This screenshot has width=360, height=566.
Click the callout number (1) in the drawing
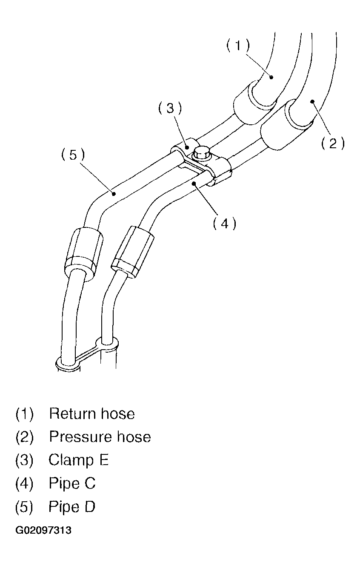(238, 46)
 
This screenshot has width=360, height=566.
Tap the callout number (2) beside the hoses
(333, 143)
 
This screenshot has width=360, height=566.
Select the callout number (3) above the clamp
(170, 109)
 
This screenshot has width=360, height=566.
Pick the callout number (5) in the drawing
(73, 155)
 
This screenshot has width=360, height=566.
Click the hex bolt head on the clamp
(202, 154)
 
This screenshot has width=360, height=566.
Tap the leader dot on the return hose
(271, 77)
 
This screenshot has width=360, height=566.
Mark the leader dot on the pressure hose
(312, 101)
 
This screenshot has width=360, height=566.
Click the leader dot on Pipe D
(114, 193)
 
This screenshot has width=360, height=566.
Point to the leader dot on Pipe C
(194, 184)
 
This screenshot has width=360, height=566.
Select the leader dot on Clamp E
(187, 147)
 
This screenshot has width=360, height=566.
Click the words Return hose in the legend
(92, 414)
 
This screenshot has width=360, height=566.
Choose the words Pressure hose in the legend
(100, 437)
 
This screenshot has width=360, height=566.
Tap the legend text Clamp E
(79, 460)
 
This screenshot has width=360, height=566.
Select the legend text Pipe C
(72, 483)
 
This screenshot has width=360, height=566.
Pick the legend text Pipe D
(72, 507)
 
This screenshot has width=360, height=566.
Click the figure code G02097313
(43, 530)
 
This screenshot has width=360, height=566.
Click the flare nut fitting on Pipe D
(84, 253)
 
